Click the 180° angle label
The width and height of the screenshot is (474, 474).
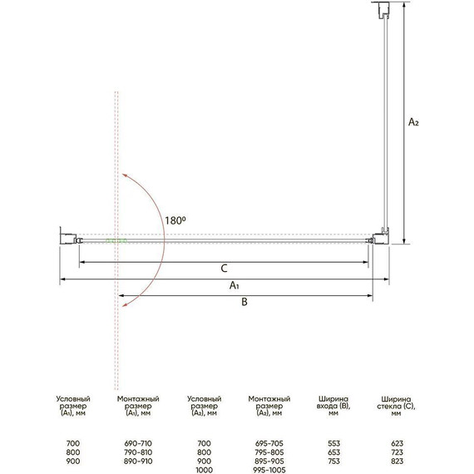click(175, 220)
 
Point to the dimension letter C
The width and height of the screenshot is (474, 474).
click(224, 269)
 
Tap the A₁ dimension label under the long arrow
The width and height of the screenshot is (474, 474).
click(235, 285)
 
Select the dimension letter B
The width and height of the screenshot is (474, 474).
click(244, 302)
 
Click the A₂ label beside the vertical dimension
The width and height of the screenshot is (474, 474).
click(413, 121)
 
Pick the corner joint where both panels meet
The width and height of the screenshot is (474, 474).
click(381, 236)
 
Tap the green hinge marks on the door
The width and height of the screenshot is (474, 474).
click(116, 241)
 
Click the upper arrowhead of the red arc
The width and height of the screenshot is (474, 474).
click(123, 175)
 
